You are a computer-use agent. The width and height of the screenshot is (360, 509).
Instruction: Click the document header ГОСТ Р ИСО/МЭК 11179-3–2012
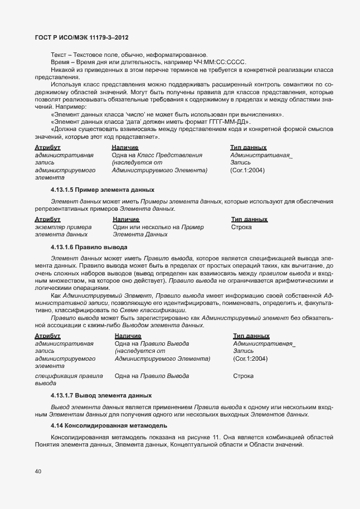coord(83,38)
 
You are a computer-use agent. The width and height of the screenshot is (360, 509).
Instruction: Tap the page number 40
coord(38,472)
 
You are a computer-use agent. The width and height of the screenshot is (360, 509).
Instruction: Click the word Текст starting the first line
coord(58,55)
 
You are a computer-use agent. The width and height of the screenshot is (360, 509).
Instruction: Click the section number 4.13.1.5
coord(62,190)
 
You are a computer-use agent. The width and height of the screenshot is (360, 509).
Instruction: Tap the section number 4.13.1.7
coord(62,396)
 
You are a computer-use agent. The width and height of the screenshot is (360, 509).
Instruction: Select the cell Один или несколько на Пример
coord(158,227)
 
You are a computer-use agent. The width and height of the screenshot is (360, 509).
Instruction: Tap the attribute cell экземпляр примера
coord(63,227)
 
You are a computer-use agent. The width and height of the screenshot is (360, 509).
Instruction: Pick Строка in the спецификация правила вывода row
coord(243,376)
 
